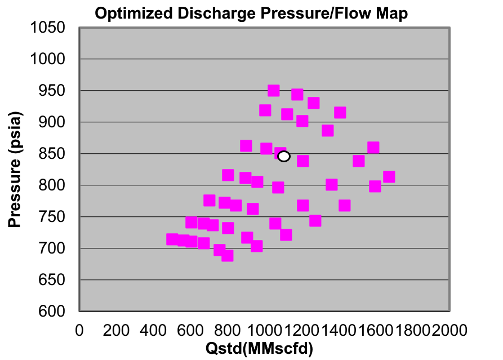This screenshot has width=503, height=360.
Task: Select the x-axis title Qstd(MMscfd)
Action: (259, 348)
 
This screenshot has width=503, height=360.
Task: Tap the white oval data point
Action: (284, 156)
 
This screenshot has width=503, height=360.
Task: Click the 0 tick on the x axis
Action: (79, 328)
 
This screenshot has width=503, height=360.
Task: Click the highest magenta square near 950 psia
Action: (274, 91)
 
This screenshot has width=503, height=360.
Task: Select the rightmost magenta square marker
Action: (389, 177)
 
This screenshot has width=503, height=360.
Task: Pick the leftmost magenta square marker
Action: (172, 239)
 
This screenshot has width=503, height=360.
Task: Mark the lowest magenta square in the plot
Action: (227, 255)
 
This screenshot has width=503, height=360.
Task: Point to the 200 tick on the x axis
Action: (117, 328)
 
